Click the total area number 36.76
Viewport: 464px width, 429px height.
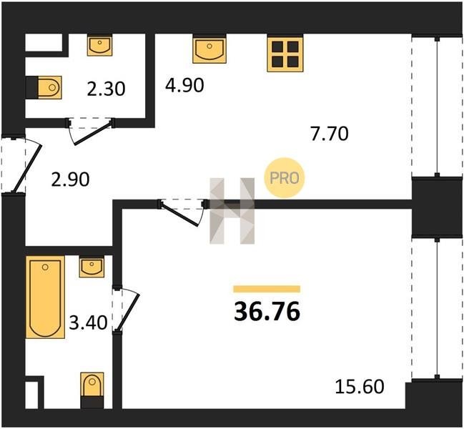[267, 312]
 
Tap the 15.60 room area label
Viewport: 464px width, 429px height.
[360, 386]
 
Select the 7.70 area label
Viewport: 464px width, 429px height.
[329, 134]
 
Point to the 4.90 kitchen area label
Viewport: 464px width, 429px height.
[184, 85]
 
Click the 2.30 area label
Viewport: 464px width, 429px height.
[106, 89]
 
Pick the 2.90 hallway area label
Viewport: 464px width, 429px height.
[70, 179]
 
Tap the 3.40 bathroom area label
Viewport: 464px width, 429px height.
[88, 322]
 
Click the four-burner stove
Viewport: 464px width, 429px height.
[285, 54]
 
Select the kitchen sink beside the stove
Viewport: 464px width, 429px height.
[209, 49]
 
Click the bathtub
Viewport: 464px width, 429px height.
[45, 297]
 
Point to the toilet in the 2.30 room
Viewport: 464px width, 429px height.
[44, 87]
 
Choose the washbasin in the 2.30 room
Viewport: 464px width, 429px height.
[99, 45]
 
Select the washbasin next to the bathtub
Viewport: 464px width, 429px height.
[92, 267]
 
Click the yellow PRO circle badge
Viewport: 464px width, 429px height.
[284, 177]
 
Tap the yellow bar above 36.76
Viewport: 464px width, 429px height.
[267, 289]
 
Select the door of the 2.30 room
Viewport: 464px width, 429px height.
[90, 131]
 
